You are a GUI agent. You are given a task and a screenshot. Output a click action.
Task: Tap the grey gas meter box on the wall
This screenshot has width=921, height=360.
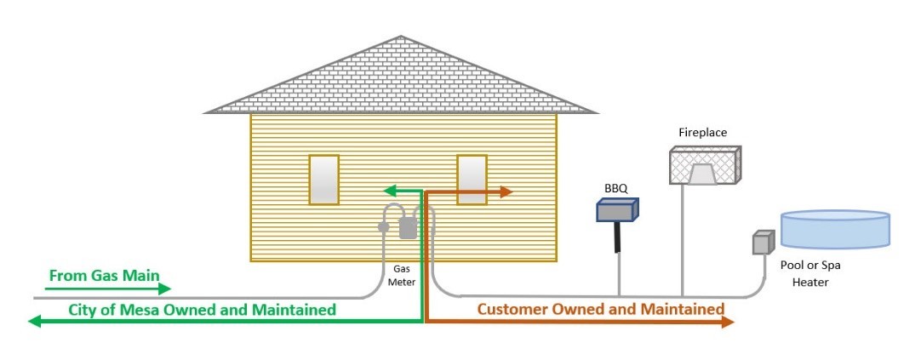409,226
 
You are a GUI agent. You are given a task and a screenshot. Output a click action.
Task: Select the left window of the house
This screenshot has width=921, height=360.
323,180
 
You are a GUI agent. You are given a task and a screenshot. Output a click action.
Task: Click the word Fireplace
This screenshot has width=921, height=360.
702,133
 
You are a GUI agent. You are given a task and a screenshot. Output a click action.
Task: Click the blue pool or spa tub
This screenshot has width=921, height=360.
836,227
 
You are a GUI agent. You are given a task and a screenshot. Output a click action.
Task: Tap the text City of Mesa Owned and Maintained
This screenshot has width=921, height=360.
202,310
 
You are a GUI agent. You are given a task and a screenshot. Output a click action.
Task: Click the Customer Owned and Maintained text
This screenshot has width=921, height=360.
600,309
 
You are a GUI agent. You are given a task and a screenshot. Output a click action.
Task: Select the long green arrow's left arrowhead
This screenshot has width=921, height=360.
35,322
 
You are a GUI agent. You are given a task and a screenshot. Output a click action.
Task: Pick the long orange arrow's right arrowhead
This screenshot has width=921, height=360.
728,322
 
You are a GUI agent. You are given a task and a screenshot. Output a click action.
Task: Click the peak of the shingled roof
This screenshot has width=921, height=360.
402,38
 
